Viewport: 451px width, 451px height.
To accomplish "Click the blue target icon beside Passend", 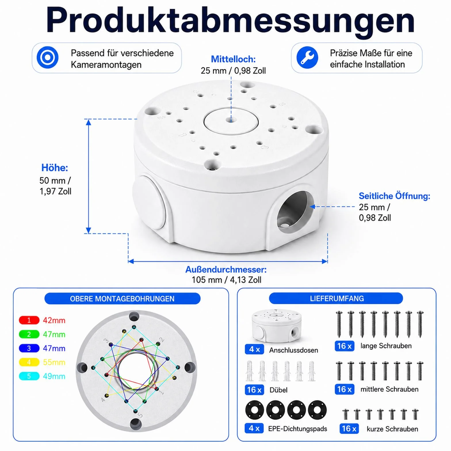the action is point(47,57).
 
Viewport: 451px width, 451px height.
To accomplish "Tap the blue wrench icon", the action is point(307,57).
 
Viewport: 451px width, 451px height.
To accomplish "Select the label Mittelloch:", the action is point(233,59).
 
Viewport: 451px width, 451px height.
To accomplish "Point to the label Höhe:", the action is point(55,167).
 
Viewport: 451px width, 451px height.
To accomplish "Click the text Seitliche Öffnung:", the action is point(394,196).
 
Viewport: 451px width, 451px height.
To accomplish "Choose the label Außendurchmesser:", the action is point(226,270).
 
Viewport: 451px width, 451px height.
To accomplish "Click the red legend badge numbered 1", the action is point(29,320).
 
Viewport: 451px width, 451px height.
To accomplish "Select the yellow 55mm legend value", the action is point(54,362).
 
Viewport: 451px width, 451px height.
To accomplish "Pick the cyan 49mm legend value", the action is point(54,376).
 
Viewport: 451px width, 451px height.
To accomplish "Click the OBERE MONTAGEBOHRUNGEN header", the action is point(122,299).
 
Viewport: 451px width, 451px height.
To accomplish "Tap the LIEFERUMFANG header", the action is point(337,298).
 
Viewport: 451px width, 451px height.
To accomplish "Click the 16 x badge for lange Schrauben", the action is point(344,346).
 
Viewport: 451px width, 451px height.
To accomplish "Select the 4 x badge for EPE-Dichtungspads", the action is point(254,428).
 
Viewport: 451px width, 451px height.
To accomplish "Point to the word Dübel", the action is point(278,390).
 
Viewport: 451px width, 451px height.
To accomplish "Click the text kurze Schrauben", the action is point(392,429).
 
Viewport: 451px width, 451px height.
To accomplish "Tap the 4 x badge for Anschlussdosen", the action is point(254,349).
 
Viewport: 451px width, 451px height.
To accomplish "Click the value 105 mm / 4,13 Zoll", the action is point(226,280).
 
